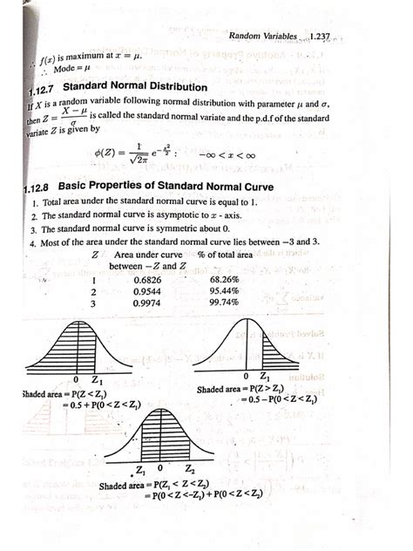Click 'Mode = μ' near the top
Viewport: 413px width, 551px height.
coord(52,67)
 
